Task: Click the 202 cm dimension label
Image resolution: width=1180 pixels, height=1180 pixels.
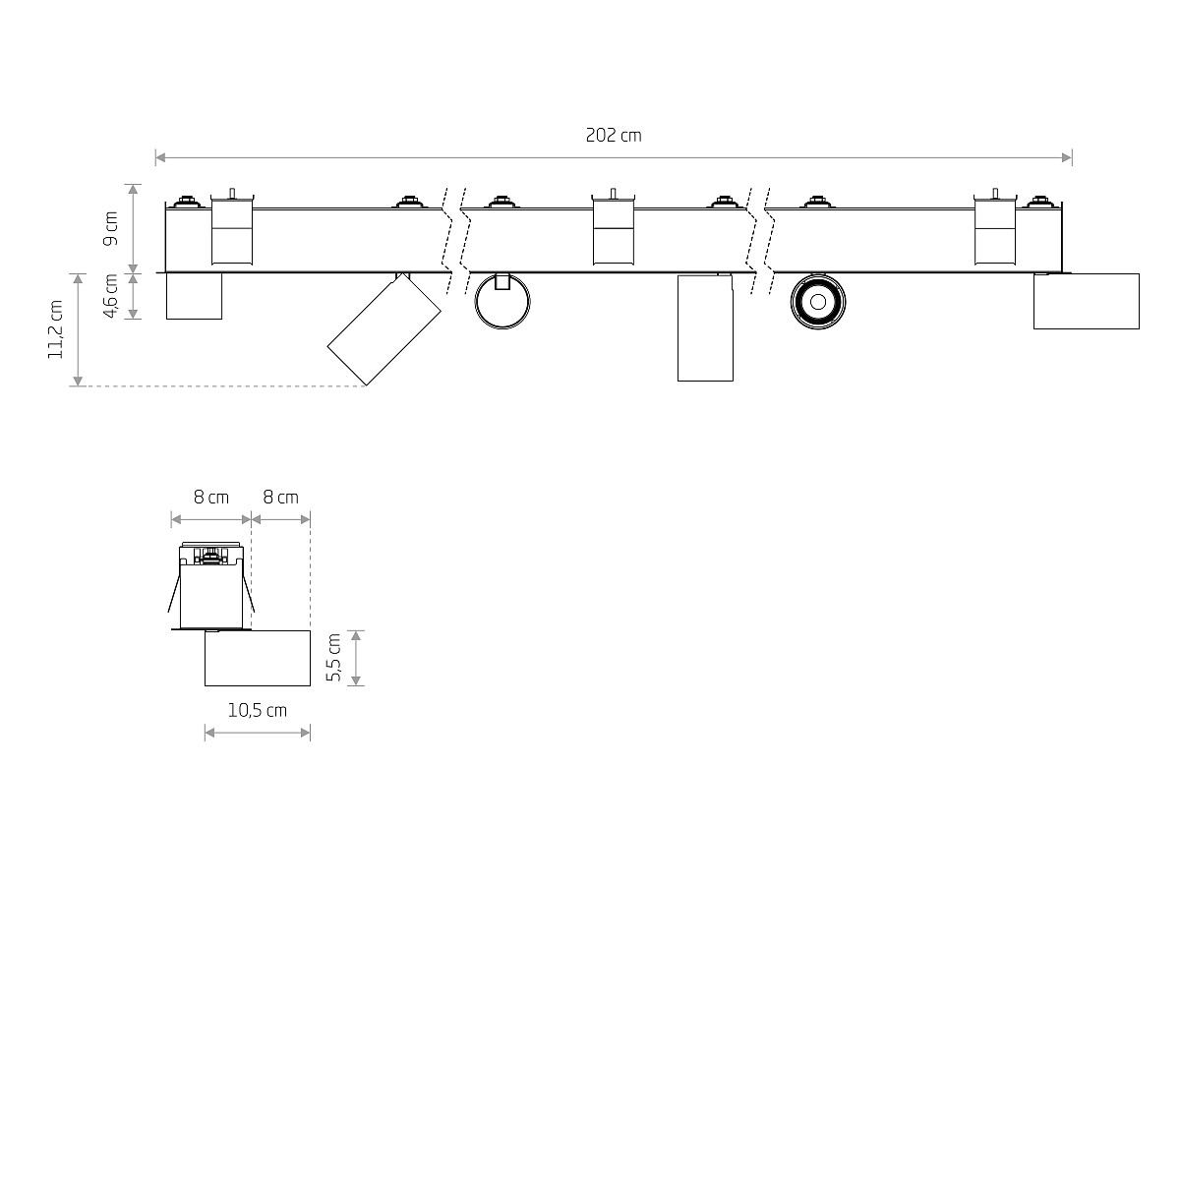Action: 613,136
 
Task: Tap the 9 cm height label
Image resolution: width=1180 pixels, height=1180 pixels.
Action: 111,228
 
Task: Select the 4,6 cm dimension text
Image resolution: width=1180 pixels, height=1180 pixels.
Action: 111,296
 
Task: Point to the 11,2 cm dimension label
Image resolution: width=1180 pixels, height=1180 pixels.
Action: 56,329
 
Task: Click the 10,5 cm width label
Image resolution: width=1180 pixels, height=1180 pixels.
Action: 258,710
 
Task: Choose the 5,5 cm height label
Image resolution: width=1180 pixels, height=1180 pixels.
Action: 333,658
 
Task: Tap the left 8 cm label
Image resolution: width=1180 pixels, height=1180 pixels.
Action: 211,498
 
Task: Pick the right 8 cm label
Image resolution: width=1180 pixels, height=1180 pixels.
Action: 281,498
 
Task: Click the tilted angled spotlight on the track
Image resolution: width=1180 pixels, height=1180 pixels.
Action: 383,329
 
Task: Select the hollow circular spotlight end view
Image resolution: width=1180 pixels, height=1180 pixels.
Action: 476,302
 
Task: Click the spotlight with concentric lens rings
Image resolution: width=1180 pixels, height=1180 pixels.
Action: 818,302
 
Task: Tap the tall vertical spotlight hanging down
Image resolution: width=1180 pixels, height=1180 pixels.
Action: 705,327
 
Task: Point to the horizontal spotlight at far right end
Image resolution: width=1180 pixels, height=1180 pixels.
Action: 1087,301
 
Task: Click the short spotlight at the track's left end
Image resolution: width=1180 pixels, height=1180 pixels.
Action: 194,296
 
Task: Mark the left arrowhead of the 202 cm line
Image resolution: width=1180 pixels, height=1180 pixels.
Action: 160,158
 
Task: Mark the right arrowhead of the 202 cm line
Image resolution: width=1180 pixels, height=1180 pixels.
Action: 1067,158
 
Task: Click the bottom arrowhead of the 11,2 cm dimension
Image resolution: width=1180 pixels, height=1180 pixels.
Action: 78,382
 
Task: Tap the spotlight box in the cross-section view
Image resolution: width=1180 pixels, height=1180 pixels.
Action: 258,658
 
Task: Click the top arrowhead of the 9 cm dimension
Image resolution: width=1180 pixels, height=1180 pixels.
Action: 134,189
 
